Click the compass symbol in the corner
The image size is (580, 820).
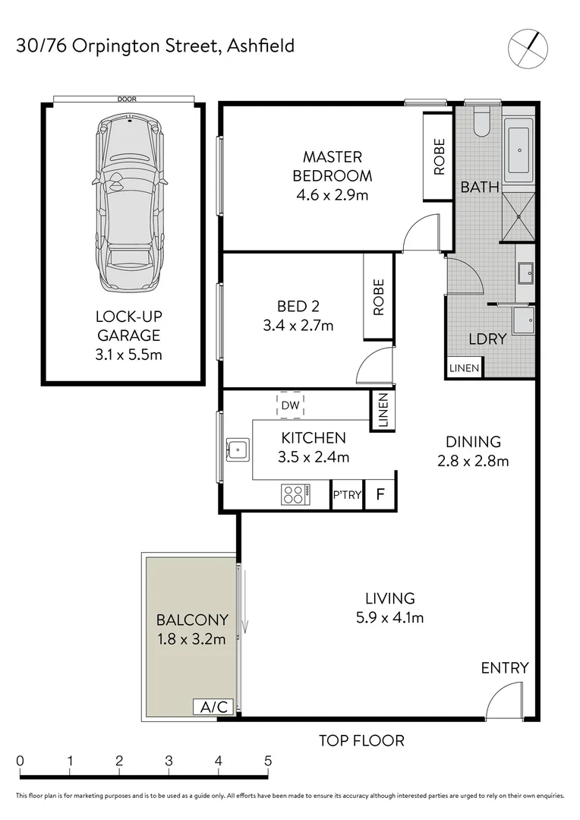click(527, 48)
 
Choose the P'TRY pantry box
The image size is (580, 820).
click(347, 495)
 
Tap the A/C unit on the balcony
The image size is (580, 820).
click(213, 708)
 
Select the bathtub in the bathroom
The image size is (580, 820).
click(519, 152)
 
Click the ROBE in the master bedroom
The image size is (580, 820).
click(439, 157)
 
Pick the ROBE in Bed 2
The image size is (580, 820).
click(378, 297)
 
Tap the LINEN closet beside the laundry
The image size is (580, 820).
click(464, 368)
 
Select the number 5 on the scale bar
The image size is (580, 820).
click(267, 760)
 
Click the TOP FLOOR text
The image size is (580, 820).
click(361, 740)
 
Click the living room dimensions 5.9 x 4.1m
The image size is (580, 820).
click(389, 617)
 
